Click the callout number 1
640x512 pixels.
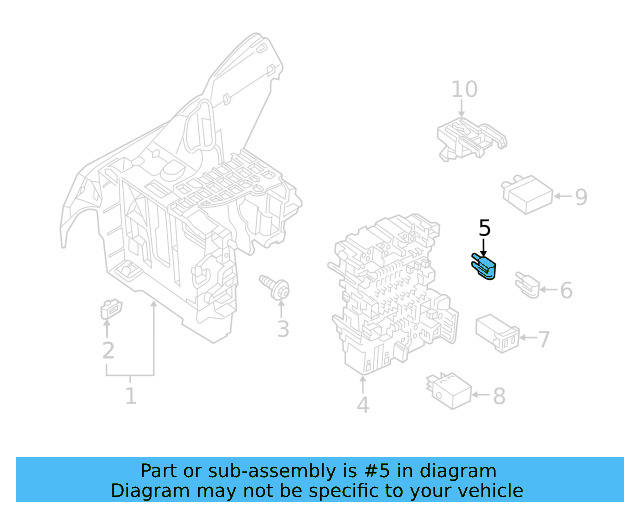point(130,397)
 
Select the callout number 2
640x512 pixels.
point(107,351)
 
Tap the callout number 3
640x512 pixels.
point(283,329)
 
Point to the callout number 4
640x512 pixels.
point(362,405)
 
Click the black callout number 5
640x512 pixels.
point(484,228)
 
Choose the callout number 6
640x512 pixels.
point(566,291)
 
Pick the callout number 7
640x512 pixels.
point(544,340)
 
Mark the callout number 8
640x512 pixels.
point(499,396)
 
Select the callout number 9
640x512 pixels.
point(580,197)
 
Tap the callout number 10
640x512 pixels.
point(464,90)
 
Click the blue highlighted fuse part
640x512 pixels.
point(483,267)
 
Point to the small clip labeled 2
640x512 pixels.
point(109,310)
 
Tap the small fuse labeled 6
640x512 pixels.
point(525,285)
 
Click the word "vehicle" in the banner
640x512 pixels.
point(485,490)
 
